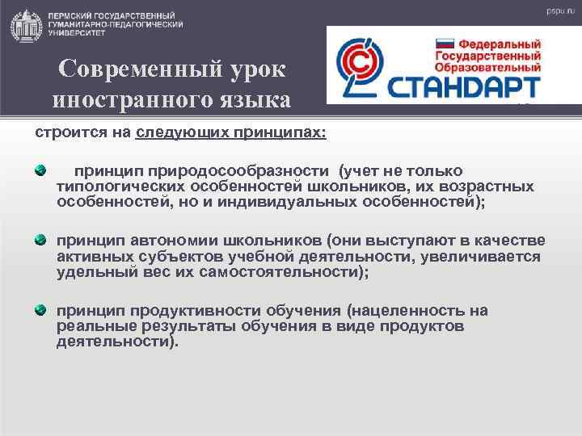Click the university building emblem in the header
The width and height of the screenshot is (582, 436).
[x=25, y=25]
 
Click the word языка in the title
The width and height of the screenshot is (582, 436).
[x=249, y=101]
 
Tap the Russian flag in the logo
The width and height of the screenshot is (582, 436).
[x=445, y=44]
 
